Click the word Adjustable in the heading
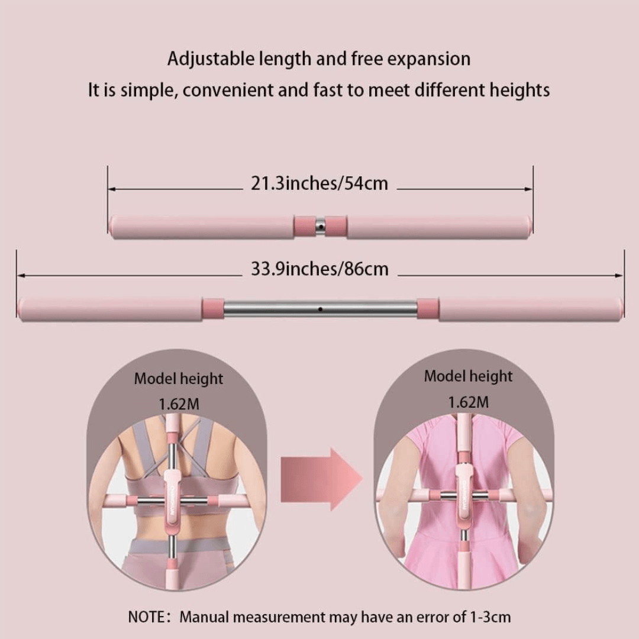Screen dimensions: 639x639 (211, 60)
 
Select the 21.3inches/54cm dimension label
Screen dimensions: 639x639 (319, 183)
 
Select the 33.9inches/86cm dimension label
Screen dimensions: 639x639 (319, 269)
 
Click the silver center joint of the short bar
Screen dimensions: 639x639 (320, 227)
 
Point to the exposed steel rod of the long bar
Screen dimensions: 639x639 (320, 309)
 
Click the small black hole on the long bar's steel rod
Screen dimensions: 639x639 (320, 309)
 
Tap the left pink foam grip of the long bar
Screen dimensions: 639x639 (110, 309)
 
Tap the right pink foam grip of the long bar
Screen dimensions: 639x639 (531, 309)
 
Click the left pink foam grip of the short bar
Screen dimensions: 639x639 (201, 227)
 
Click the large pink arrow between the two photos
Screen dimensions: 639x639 (321, 479)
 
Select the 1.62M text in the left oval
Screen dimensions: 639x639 (179, 404)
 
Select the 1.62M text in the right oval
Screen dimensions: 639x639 (468, 403)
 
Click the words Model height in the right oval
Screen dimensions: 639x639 (468, 376)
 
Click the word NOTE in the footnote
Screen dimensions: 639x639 (147, 617)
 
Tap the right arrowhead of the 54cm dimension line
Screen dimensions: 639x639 (528, 189)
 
